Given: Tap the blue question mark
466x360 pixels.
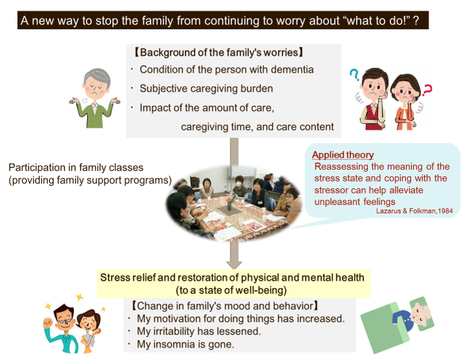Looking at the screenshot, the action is [354, 75].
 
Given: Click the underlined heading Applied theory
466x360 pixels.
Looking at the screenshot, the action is [343, 155].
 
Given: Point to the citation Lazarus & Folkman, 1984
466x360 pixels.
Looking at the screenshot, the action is [414, 211].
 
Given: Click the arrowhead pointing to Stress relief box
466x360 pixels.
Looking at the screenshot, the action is [234, 264].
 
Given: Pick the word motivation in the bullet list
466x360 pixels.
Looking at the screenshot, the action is [176, 319].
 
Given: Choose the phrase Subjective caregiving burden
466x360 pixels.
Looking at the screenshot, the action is [207, 88].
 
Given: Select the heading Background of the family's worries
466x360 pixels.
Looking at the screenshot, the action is [219, 52].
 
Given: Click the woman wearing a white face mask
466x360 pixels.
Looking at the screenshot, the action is [239, 186].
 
